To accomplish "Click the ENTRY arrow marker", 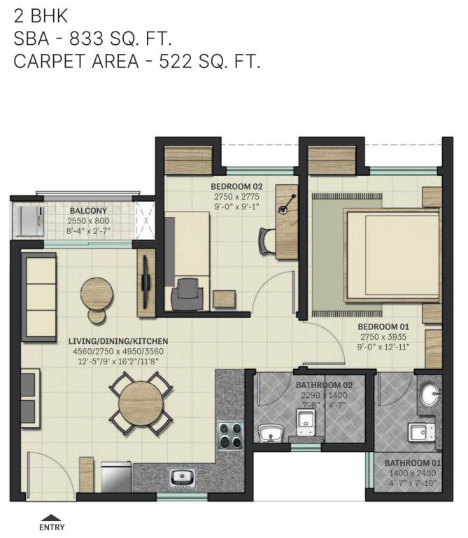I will click(x=52, y=518).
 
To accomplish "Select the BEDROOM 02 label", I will click(x=236, y=186).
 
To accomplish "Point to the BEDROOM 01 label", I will click(x=383, y=326).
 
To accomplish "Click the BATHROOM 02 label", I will click(x=324, y=385).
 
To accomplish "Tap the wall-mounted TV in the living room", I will click(x=146, y=280).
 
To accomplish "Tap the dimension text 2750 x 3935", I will click(x=383, y=336).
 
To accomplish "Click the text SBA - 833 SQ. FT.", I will click(x=101, y=39).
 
